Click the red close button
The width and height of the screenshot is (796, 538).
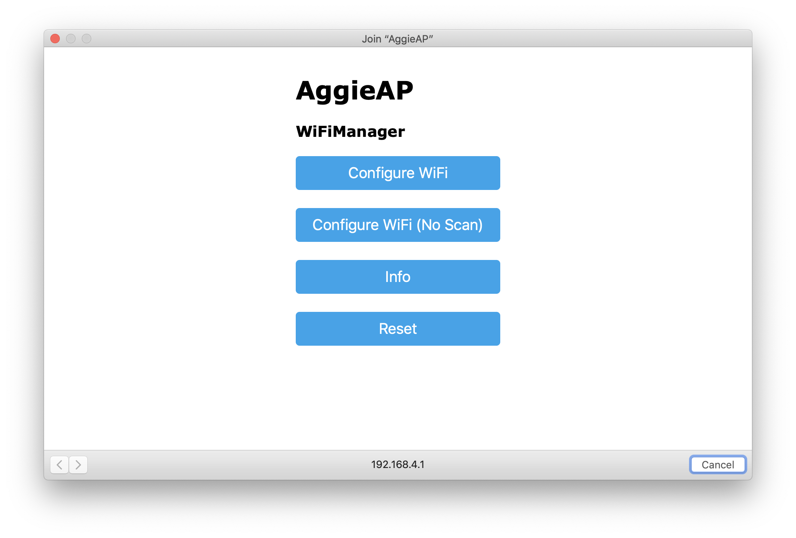55,39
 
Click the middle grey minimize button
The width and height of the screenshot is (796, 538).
71,39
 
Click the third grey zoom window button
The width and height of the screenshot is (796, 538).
87,39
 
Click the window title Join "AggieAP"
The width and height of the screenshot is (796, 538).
397,39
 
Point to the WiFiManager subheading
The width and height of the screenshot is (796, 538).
350,132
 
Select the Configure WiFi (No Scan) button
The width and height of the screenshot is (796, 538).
398,225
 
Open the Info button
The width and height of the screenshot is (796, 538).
398,277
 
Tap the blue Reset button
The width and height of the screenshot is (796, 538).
398,329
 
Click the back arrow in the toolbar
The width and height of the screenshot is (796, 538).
59,465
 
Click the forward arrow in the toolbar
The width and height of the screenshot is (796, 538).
78,465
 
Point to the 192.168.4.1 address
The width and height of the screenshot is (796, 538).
398,464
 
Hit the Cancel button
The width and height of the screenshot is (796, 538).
718,465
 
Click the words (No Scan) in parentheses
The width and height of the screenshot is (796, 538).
450,225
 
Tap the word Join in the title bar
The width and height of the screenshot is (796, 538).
371,39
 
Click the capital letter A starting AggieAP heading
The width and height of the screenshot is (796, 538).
307,91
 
